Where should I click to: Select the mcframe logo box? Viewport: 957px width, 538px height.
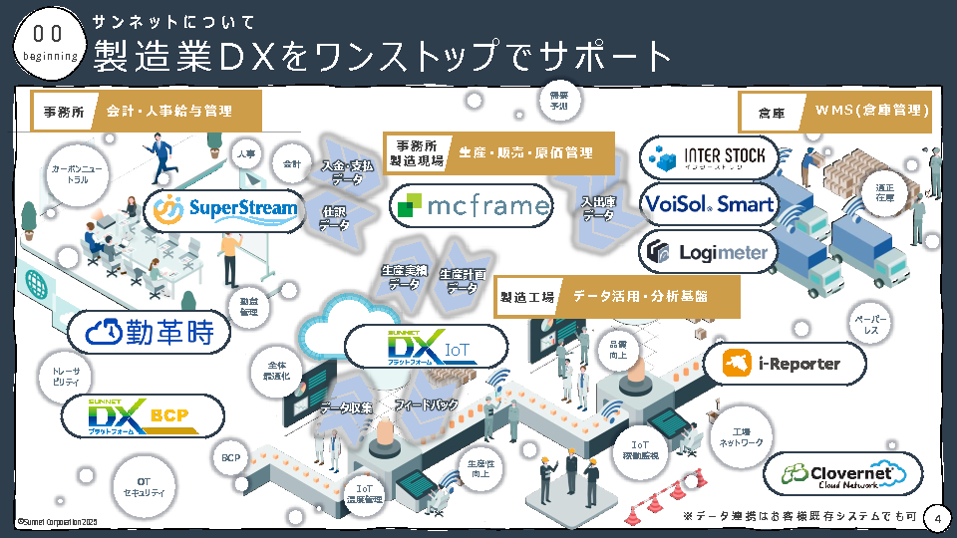[471, 205]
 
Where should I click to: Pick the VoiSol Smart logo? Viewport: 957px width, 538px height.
[708, 204]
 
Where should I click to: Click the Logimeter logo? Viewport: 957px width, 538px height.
[708, 252]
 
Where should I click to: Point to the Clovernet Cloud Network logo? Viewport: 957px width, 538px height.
[843, 473]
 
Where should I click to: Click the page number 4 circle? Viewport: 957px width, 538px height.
[936, 519]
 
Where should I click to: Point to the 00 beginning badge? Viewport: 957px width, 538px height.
[49, 44]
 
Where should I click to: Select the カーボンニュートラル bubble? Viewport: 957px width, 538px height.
[71, 175]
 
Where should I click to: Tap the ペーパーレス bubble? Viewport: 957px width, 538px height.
[869, 324]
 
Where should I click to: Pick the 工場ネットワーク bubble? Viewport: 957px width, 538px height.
[741, 435]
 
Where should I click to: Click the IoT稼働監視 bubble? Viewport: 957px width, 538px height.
[641, 449]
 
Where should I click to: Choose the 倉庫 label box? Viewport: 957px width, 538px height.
[771, 113]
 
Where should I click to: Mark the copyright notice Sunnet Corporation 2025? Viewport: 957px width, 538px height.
[57, 521]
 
